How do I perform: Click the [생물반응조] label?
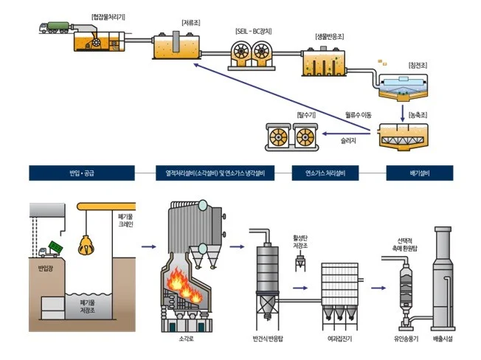pyautogui.click(x=325, y=37)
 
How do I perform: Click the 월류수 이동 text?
pyautogui.click(x=359, y=114)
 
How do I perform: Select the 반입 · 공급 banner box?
pyautogui.click(x=81, y=174)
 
